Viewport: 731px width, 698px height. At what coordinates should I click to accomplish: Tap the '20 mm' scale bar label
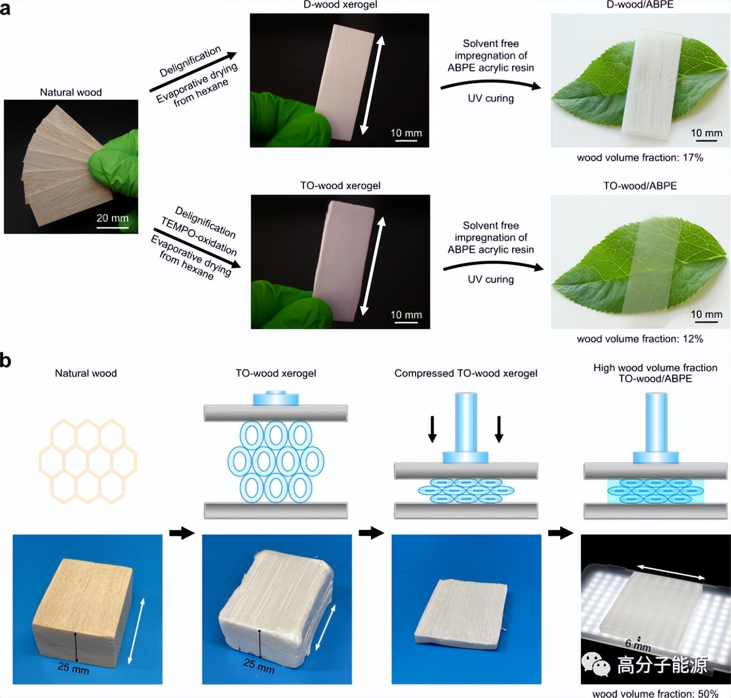tap(112, 218)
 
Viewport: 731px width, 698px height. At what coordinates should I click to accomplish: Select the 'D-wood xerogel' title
tap(340, 5)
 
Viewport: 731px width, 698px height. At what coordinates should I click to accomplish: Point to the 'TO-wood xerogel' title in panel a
tap(340, 186)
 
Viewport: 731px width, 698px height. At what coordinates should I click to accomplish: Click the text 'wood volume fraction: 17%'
tap(640, 157)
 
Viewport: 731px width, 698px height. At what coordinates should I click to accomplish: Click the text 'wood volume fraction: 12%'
tap(640, 339)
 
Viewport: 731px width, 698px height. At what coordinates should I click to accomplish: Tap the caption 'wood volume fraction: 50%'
tap(655, 694)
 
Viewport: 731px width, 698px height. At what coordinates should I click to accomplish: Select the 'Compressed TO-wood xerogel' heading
tap(466, 373)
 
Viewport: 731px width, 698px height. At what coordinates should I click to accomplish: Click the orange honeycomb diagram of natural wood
tap(88, 461)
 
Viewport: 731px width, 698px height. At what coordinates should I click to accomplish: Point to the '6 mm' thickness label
tap(638, 645)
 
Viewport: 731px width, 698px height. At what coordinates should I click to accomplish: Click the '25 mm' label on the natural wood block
tap(73, 668)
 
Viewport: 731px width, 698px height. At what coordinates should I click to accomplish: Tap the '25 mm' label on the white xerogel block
tap(259, 665)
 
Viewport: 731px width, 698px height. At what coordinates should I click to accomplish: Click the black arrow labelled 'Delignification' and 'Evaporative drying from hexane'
tap(193, 72)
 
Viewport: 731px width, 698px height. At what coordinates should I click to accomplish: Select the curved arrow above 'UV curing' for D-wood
tap(490, 84)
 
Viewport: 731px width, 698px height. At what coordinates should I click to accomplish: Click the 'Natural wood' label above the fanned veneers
tap(70, 92)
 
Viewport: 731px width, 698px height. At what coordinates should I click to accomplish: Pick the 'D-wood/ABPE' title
tap(640, 5)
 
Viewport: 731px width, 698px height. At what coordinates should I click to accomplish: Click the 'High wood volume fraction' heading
tap(655, 367)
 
